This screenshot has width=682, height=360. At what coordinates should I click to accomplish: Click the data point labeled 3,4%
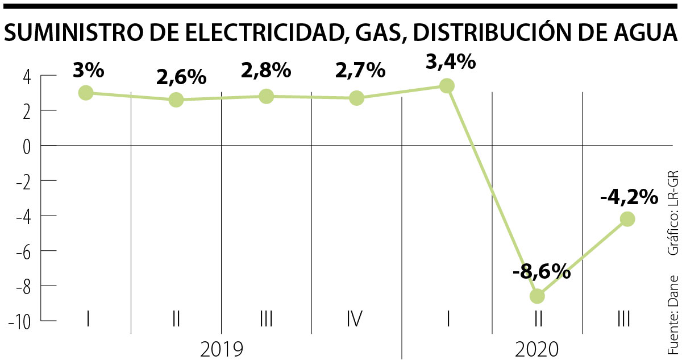click(x=447, y=86)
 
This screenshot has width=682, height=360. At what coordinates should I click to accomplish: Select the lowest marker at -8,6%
click(x=537, y=296)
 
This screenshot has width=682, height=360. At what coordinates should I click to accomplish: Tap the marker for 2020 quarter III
click(x=627, y=219)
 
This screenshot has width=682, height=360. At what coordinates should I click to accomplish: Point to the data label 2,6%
click(x=181, y=77)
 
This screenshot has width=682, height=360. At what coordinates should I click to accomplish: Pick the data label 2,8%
click(x=266, y=71)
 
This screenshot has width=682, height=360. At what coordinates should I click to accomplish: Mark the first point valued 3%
click(x=86, y=93)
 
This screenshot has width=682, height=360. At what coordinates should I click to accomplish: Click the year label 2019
click(x=222, y=348)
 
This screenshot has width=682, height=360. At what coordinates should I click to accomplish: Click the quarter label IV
click(x=355, y=320)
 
